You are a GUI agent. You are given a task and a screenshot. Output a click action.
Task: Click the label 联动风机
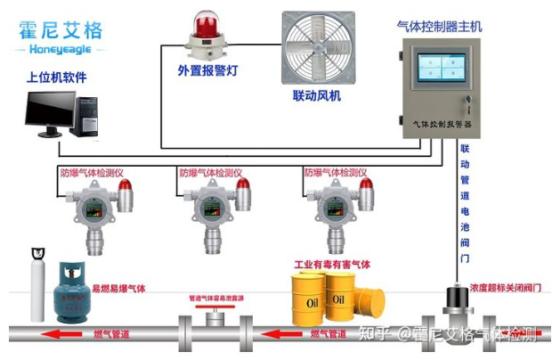(x=317, y=95)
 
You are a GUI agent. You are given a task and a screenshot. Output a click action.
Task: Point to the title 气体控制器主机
(x=439, y=27)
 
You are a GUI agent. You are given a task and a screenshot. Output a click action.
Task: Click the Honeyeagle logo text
(x=59, y=51)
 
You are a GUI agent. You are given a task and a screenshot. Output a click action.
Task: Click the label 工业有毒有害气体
(x=332, y=265)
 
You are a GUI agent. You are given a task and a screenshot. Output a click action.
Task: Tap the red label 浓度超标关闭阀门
(x=506, y=287)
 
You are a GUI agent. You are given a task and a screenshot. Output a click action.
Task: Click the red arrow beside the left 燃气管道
(x=65, y=334)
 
